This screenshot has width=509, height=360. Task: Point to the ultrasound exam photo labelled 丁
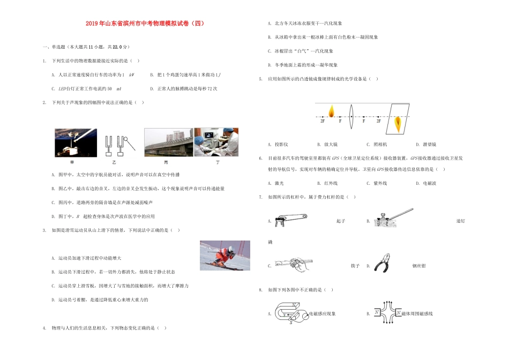[216, 141]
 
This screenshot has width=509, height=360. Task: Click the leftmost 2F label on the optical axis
[323, 122]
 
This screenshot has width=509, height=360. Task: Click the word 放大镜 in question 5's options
[331, 144]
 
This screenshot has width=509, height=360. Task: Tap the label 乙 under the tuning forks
[113, 161]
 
